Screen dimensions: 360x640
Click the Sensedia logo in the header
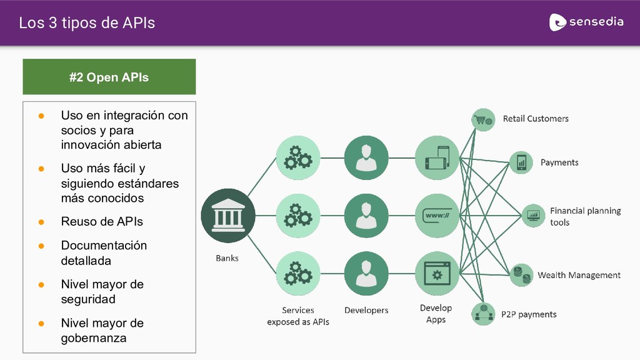click(x=586, y=22)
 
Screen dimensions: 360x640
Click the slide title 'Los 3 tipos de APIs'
click(x=87, y=23)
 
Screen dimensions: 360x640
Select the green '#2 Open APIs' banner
click(x=109, y=77)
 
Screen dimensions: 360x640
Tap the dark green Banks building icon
click(x=228, y=216)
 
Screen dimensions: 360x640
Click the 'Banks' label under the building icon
click(x=227, y=257)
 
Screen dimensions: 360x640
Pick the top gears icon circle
click(x=298, y=158)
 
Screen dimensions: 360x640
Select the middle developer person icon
click(x=366, y=216)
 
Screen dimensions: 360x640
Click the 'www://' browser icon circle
click(x=437, y=216)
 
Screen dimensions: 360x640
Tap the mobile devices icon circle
click(x=437, y=158)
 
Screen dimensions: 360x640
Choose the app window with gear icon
click(x=437, y=273)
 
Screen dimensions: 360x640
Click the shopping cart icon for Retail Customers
click(x=483, y=119)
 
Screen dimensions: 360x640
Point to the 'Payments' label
click(x=559, y=162)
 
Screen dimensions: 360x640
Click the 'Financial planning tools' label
click(x=585, y=216)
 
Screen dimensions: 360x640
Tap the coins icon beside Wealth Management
click(x=520, y=274)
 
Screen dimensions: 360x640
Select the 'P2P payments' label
click(x=529, y=314)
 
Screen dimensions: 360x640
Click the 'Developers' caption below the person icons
click(x=366, y=310)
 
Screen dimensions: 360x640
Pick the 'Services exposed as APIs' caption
click(x=298, y=316)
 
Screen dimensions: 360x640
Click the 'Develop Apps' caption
click(x=436, y=314)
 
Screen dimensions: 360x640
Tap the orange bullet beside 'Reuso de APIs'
click(x=41, y=222)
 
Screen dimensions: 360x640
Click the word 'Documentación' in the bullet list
click(x=104, y=246)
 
